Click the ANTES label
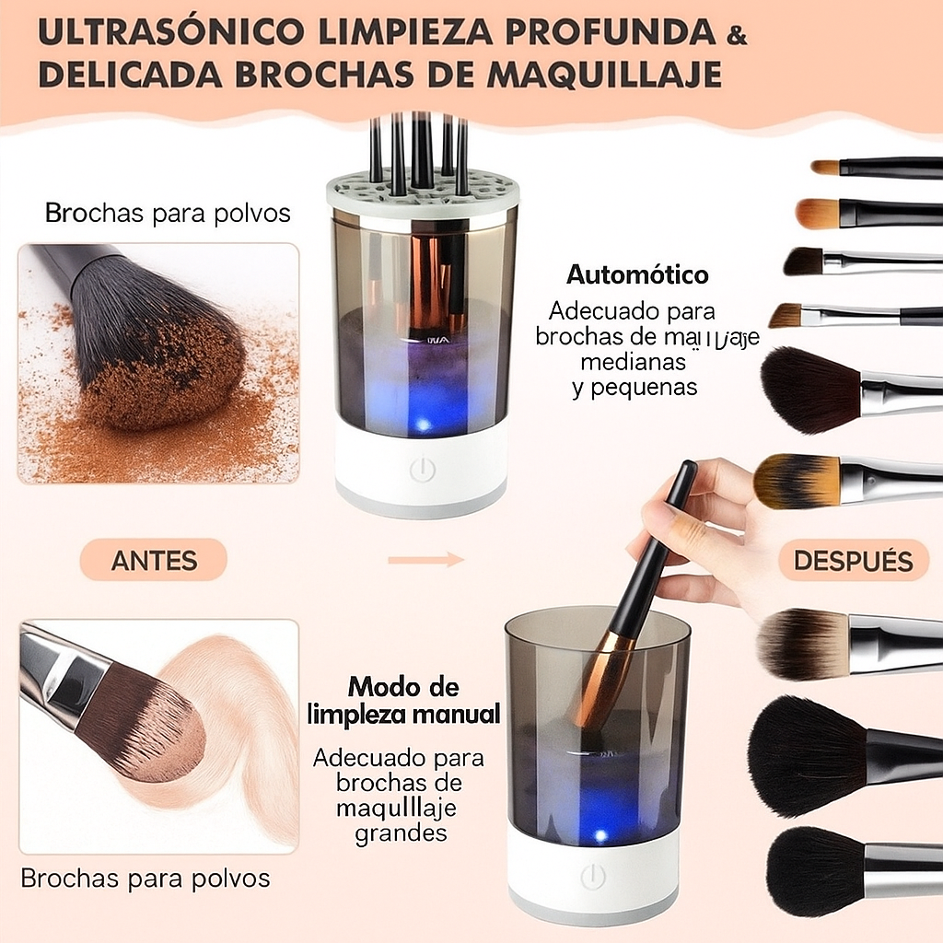pyautogui.click(x=153, y=560)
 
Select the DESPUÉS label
pyautogui.click(x=853, y=560)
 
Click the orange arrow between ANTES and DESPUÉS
pyautogui.click(x=425, y=559)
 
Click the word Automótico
pyautogui.click(x=637, y=274)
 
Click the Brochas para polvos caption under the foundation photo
pyautogui.click(x=146, y=879)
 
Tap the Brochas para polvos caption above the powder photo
pyautogui.click(x=168, y=214)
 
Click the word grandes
pyautogui.click(x=401, y=834)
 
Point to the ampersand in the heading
pyautogui.click(x=737, y=37)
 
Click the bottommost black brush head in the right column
pyautogui.click(x=815, y=870)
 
